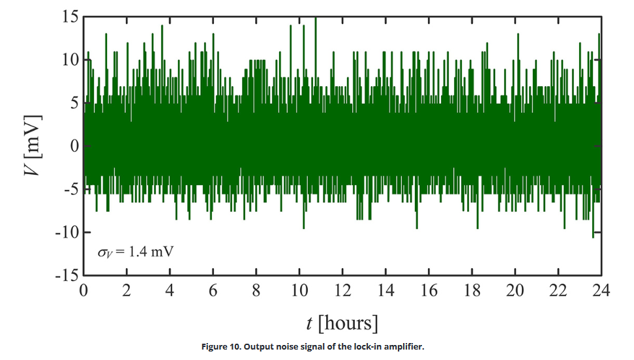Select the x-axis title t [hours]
(341, 323)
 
